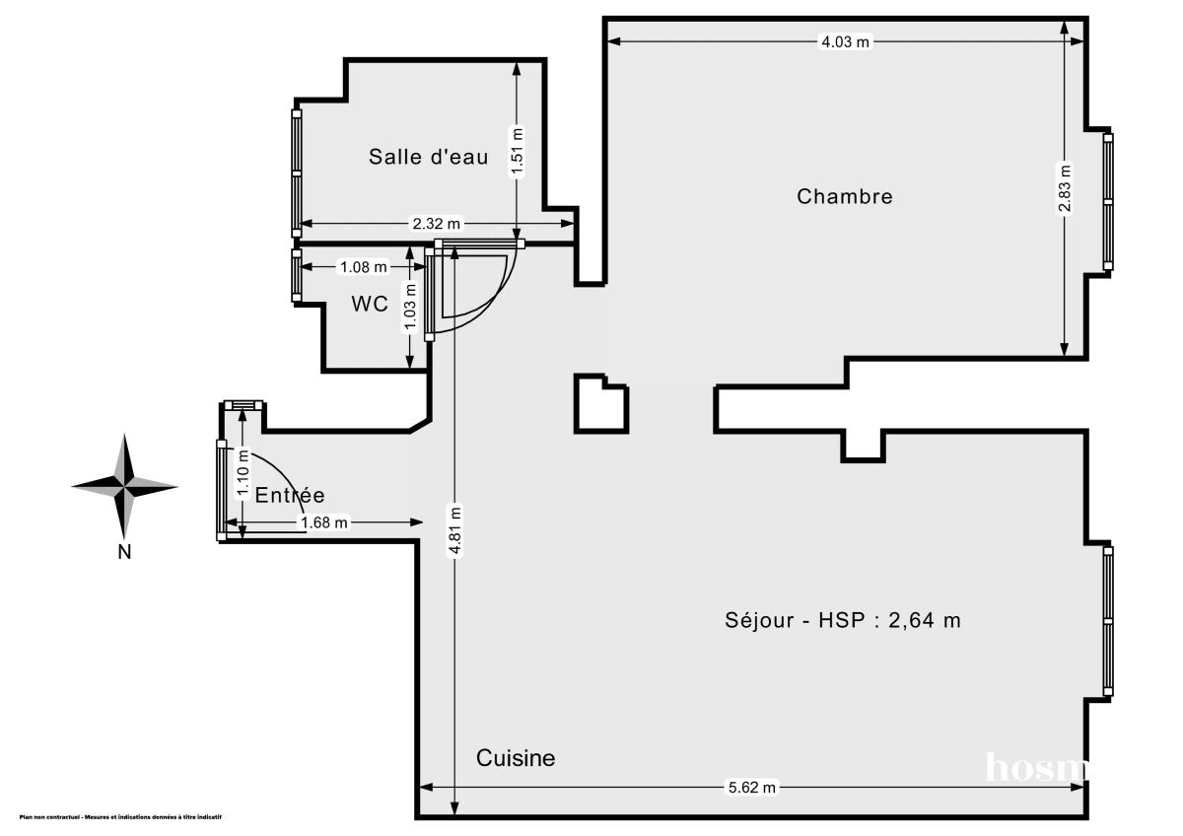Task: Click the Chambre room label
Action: pyautogui.click(x=845, y=196)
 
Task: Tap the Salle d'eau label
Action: pyautogui.click(x=429, y=157)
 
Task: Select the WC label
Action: pyautogui.click(x=369, y=305)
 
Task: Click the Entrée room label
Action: pyautogui.click(x=290, y=496)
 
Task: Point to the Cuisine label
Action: pyautogui.click(x=516, y=758)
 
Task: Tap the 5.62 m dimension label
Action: pyautogui.click(x=752, y=787)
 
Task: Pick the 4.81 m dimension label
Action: pyautogui.click(x=454, y=532)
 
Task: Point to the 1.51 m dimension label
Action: pyautogui.click(x=517, y=153)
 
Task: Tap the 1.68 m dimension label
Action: pyautogui.click(x=325, y=523)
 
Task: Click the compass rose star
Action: pyautogui.click(x=124, y=485)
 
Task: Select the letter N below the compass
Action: pyautogui.click(x=124, y=552)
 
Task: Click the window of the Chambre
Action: pyautogui.click(x=1108, y=201)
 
